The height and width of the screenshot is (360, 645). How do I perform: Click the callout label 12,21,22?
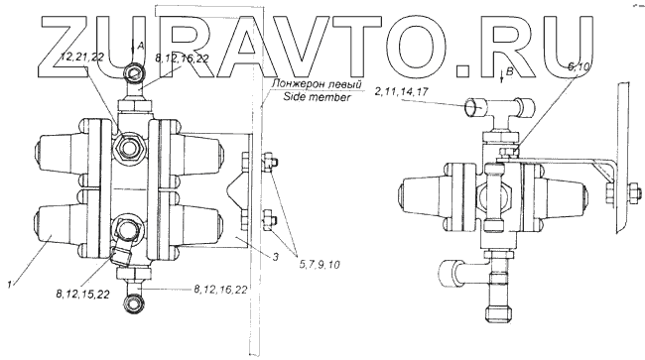pyautogui.click(x=82, y=58)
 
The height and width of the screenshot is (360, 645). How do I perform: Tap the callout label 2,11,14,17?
pyautogui.click(x=402, y=91)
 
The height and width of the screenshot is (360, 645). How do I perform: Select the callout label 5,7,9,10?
pyautogui.click(x=320, y=265)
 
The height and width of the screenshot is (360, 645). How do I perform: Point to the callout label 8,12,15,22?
pyautogui.click(x=82, y=295)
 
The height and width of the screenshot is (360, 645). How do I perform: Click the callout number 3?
pyautogui.click(x=276, y=257)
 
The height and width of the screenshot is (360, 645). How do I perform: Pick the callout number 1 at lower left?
pyautogui.click(x=10, y=284)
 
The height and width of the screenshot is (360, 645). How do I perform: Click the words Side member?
pyautogui.click(x=318, y=97)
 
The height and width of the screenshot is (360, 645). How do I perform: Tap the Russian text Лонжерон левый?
pyautogui.click(x=317, y=84)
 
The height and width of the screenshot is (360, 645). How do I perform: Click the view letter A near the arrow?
pyautogui.click(x=141, y=47)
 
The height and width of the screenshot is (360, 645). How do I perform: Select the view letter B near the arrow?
pyautogui.click(x=509, y=72)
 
